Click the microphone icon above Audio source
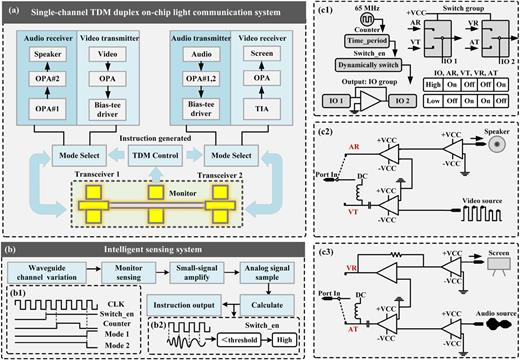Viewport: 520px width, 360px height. (499, 323)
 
